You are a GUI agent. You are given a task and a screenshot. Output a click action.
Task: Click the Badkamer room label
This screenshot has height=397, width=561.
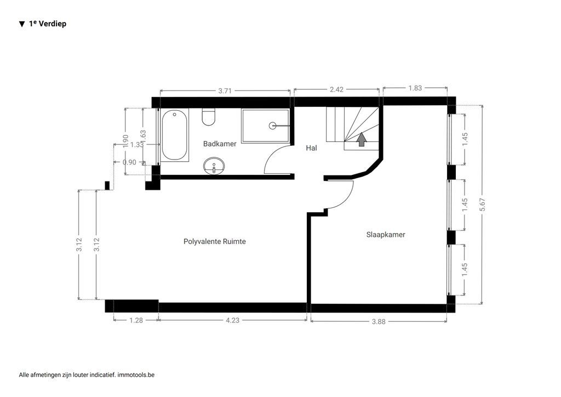pyautogui.click(x=220, y=144)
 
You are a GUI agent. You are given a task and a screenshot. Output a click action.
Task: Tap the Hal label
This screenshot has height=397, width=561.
pyautogui.click(x=311, y=148)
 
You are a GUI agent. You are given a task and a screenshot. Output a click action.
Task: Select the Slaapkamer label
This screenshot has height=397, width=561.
pyautogui.click(x=386, y=234)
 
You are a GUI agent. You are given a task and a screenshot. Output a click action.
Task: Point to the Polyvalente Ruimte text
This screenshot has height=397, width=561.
pyautogui.click(x=214, y=241)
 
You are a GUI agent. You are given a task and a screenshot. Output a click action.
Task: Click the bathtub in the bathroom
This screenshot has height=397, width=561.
pyautogui.click(x=175, y=135)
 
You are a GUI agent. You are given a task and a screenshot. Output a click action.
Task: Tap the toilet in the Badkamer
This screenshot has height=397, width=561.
pyautogui.click(x=209, y=117)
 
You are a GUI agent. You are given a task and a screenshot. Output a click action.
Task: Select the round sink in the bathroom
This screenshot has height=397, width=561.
pyautogui.click(x=214, y=166)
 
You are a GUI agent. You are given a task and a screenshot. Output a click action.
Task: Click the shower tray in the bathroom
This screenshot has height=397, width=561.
pyautogui.click(x=265, y=126)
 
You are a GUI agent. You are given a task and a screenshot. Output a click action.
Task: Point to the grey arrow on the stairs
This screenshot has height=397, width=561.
pyautogui.click(x=362, y=140)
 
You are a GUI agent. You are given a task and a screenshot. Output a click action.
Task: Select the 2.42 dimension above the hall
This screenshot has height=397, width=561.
pyautogui.click(x=336, y=89)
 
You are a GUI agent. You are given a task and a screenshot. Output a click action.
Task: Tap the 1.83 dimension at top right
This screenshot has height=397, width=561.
pyautogui.click(x=415, y=88)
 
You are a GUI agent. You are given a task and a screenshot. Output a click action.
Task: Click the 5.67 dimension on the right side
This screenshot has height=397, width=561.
pyautogui.click(x=482, y=204)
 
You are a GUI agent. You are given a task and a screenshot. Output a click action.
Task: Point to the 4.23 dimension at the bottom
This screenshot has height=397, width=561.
pyautogui.click(x=232, y=321)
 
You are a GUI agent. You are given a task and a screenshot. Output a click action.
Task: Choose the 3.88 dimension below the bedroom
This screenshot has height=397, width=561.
pyautogui.click(x=378, y=322)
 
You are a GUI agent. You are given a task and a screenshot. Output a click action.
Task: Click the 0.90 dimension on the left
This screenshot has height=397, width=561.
pyautogui.click(x=130, y=162)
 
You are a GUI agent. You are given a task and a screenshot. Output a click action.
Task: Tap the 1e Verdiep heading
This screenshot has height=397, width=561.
pyautogui.click(x=48, y=24)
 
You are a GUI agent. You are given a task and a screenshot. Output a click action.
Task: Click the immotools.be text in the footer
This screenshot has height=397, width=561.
pyautogui.click(x=136, y=375)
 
